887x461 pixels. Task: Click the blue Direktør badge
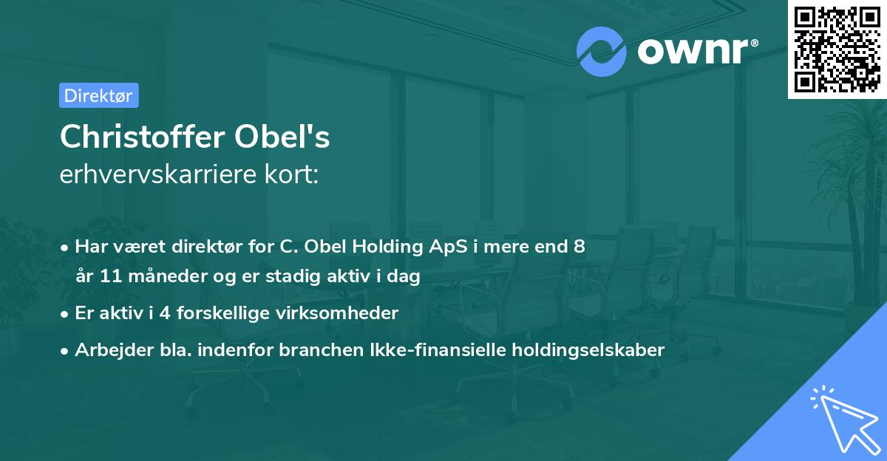click(98, 95)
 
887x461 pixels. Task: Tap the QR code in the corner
click(837, 49)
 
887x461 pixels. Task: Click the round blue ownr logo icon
click(602, 51)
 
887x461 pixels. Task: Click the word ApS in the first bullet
click(455, 246)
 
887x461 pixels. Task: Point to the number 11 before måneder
click(105, 277)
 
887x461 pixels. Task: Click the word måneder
click(160, 277)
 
